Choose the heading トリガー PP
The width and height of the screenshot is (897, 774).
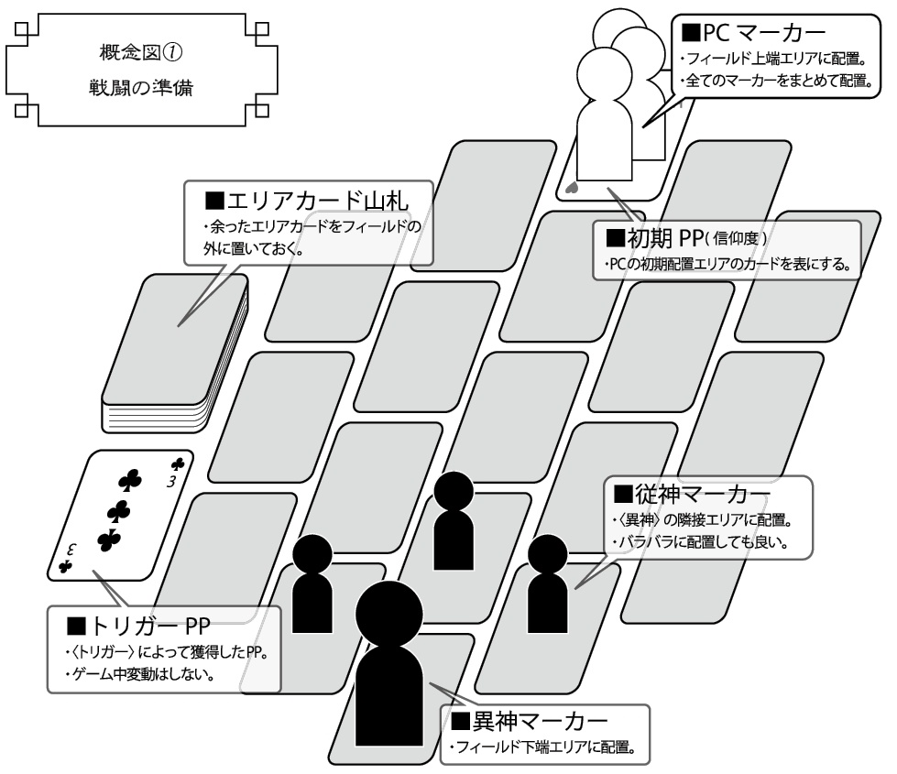click(x=140, y=627)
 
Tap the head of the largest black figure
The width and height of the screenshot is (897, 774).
click(x=388, y=612)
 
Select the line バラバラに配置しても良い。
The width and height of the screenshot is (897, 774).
click(x=699, y=541)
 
